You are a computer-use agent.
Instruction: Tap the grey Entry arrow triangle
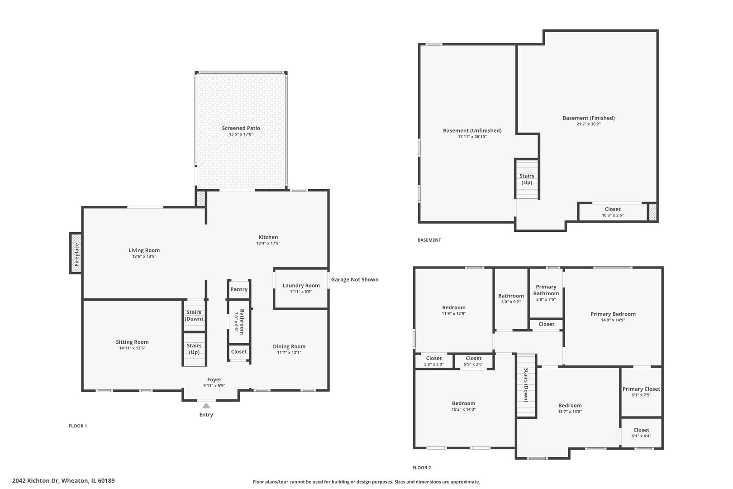tap(206, 406)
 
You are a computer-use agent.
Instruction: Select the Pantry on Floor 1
tap(239, 289)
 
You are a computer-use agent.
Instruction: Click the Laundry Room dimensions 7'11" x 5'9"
tap(301, 292)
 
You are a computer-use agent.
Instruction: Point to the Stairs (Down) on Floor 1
tap(194, 316)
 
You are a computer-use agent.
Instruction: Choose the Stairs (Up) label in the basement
tap(527, 179)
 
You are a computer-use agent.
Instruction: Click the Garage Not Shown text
tap(355, 279)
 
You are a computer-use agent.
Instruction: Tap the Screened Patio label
tap(241, 128)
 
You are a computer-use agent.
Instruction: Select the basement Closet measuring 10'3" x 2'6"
tap(613, 212)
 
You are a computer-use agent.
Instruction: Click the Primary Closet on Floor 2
tap(641, 392)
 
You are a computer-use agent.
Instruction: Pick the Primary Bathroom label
tap(546, 290)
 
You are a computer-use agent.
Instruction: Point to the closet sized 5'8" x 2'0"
tap(434, 361)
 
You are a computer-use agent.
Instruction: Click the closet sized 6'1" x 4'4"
tap(641, 433)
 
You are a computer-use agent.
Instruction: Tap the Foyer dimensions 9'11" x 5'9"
tap(214, 386)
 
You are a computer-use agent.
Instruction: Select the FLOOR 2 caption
tap(422, 468)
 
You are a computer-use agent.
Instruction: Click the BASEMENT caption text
tap(429, 240)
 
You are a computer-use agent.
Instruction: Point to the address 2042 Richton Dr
tap(35, 481)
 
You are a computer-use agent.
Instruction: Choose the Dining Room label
tap(289, 346)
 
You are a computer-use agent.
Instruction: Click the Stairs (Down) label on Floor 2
tap(526, 385)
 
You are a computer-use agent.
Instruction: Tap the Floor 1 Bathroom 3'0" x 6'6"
tap(239, 321)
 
